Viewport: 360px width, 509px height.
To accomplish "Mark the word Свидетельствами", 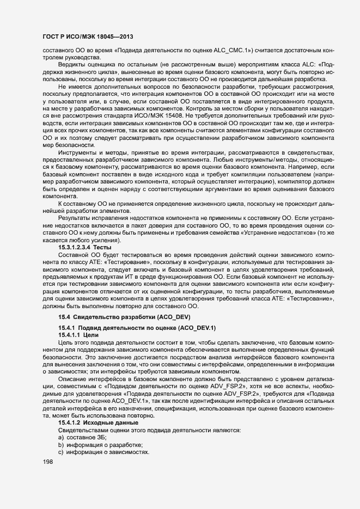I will point(81,430).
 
